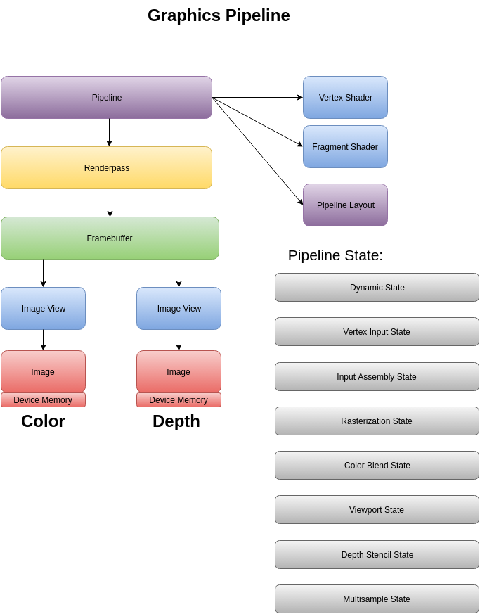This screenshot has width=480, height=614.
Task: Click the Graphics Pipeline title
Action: click(x=219, y=15)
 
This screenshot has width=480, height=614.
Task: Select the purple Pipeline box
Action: click(x=106, y=98)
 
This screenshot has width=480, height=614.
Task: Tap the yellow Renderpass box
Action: click(x=106, y=168)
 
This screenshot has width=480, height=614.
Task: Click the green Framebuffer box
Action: click(x=110, y=238)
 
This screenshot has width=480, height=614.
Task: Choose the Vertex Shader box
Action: click(x=345, y=98)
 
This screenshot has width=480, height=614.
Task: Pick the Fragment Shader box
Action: click(x=345, y=147)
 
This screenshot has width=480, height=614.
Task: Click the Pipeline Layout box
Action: click(x=345, y=205)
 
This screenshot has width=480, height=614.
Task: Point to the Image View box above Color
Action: click(x=43, y=309)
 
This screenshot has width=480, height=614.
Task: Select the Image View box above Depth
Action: click(x=179, y=309)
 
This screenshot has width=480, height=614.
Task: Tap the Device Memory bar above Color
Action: click(x=43, y=400)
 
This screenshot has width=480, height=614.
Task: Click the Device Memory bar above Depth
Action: click(x=179, y=400)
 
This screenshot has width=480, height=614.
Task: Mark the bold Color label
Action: click(x=43, y=421)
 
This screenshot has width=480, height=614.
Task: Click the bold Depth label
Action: click(x=176, y=421)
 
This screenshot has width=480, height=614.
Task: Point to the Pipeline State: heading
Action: click(x=335, y=255)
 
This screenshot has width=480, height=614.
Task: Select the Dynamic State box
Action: click(x=377, y=288)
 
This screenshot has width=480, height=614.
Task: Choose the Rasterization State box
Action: click(x=377, y=421)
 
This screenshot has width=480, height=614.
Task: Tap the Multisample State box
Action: click(x=377, y=599)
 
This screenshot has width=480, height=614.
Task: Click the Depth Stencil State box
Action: click(x=377, y=555)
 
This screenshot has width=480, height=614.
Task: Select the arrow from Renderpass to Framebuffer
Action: click(x=110, y=203)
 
